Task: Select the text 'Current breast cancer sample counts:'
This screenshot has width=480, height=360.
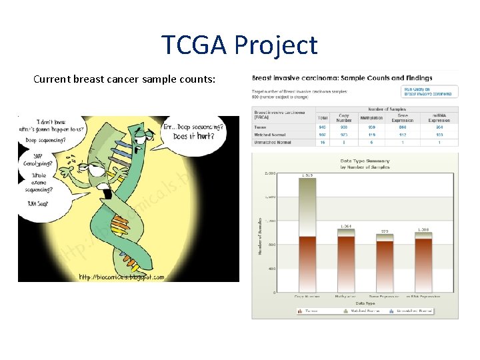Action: (x=124, y=79)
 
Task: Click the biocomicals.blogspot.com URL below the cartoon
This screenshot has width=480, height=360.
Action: (x=121, y=277)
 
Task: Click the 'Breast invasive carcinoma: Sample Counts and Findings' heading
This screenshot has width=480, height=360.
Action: (x=342, y=78)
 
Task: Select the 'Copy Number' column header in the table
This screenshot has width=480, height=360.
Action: (x=344, y=118)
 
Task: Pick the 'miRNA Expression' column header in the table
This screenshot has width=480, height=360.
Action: (x=439, y=118)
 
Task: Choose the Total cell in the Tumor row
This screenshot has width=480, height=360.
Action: (x=323, y=127)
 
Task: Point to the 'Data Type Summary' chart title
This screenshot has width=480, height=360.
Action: (x=365, y=161)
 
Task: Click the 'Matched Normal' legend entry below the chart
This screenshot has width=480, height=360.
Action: (x=364, y=311)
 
